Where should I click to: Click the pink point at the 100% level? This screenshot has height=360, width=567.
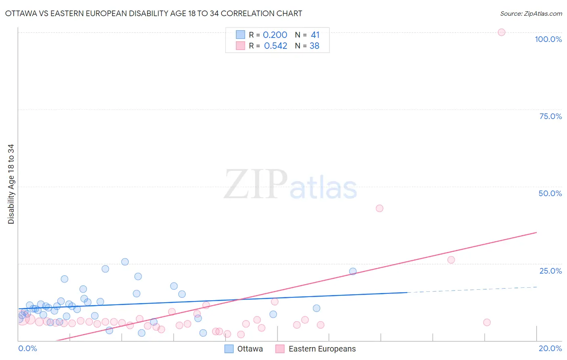(501, 32)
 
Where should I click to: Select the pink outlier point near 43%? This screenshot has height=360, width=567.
(379, 208)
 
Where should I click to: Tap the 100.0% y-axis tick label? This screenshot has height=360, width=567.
(548, 39)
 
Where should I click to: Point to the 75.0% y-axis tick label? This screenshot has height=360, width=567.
(550, 116)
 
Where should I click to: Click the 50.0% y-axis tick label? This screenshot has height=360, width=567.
(550, 193)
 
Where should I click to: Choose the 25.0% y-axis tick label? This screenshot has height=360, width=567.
(550, 271)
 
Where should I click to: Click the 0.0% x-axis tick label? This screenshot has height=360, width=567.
(27, 348)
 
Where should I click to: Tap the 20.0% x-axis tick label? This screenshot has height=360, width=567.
(550, 348)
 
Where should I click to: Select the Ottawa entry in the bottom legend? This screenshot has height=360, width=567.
(250, 349)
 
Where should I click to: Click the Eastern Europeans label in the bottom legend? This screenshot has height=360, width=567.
(322, 349)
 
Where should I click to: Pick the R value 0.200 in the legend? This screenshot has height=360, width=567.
(275, 35)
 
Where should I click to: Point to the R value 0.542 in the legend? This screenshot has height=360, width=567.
(275, 46)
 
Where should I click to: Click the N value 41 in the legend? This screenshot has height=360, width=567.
(315, 35)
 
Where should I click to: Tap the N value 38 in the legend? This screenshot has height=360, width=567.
(315, 46)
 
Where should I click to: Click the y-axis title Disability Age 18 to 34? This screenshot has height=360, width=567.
(11, 184)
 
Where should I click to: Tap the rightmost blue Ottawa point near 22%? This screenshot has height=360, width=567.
(353, 271)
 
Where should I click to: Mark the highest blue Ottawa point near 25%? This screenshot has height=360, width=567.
(125, 262)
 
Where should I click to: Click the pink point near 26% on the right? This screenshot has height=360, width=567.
(451, 260)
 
